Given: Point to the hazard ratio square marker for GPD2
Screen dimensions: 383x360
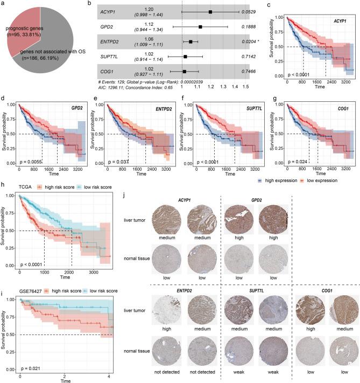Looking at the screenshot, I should tap(200, 26).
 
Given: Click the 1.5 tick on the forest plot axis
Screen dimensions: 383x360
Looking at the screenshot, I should tap(245, 86).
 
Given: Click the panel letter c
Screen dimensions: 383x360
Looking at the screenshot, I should tap(270, 4).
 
